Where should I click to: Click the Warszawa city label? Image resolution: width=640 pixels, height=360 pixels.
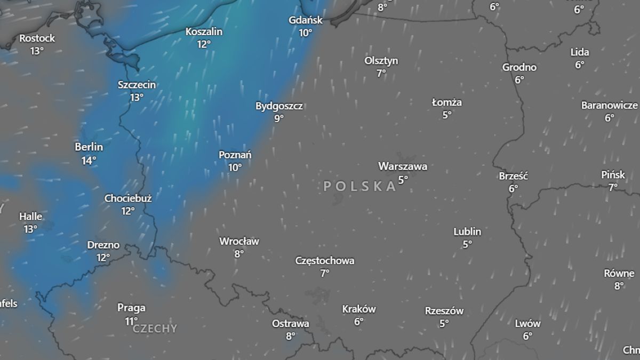pyautogui.click(x=403, y=166)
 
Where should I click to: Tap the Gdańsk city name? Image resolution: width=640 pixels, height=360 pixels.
pyautogui.click(x=306, y=20)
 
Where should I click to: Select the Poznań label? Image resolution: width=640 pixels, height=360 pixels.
pyautogui.click(x=235, y=155)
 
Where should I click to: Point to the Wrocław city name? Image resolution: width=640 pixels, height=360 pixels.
pyautogui.click(x=239, y=241)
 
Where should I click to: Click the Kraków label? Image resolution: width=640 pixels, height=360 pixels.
pyautogui.click(x=359, y=309)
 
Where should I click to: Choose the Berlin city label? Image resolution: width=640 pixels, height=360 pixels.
pyautogui.click(x=89, y=147)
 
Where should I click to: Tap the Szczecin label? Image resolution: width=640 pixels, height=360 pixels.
pyautogui.click(x=137, y=85)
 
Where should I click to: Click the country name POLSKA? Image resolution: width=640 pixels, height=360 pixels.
pyautogui.click(x=361, y=186)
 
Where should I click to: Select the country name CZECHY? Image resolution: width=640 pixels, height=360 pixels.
pyautogui.click(x=155, y=329)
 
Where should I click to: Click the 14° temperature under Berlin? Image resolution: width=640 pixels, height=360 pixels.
pyautogui.click(x=89, y=160)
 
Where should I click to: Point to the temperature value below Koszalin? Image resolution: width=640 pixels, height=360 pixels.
pyautogui.click(x=204, y=44)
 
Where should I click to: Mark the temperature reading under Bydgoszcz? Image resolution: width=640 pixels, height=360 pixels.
pyautogui.click(x=279, y=118)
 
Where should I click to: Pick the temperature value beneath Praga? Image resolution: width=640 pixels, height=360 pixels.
pyautogui.click(x=131, y=321)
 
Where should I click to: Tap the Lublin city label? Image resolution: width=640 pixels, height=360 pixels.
pyautogui.click(x=467, y=231)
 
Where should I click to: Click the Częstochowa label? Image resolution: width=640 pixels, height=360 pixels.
pyautogui.click(x=325, y=261)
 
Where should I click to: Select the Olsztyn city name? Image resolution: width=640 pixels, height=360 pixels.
pyautogui.click(x=381, y=61)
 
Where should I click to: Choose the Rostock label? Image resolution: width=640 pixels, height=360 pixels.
pyautogui.click(x=37, y=38)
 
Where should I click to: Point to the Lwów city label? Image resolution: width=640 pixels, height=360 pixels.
pyautogui.click(x=528, y=323)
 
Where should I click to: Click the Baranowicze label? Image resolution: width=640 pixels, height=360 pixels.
pyautogui.click(x=610, y=105)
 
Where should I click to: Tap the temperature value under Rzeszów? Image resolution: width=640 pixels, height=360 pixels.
pyautogui.click(x=444, y=323)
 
